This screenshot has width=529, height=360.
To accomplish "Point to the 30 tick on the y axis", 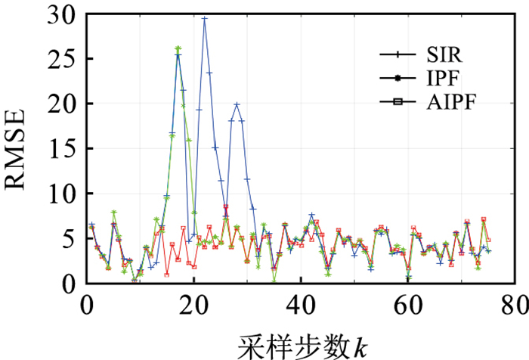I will click(64, 14).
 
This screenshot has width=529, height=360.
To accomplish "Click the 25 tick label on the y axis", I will click(64, 59).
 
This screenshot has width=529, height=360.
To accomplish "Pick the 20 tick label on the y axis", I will click(64, 104).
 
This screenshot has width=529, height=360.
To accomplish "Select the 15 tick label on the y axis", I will click(64, 149).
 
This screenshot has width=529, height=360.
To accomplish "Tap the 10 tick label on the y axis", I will click(64, 194).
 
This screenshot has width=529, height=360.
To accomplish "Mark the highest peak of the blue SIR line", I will click(204, 18).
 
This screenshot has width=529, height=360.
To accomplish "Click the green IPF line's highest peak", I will click(178, 48).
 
